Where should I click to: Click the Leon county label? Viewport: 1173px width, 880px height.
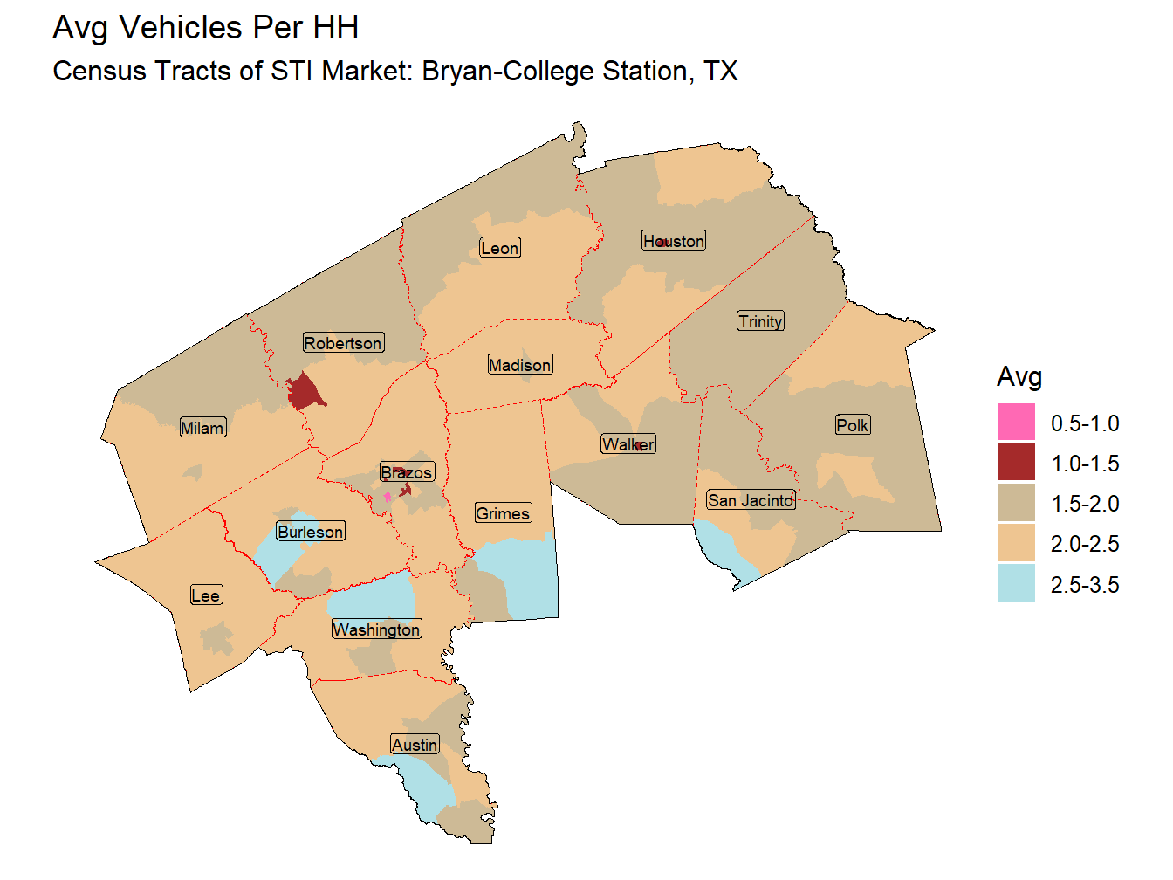point(500,248)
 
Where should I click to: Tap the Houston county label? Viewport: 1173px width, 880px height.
point(674,241)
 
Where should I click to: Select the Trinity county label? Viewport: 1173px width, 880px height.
point(761,321)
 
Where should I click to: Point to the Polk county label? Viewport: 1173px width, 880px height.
point(853,425)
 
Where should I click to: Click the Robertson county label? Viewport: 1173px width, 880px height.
point(343,343)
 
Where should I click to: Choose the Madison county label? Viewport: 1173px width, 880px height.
point(520,365)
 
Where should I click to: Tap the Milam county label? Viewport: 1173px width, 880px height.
point(202,428)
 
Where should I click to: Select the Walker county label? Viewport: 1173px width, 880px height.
point(628,444)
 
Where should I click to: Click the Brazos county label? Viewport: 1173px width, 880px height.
point(407,472)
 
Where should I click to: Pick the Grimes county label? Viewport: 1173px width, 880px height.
point(503,513)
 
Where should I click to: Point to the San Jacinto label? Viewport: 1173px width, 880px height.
point(751,500)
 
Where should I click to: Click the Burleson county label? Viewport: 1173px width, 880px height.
point(311,532)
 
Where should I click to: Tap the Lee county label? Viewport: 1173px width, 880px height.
point(206,595)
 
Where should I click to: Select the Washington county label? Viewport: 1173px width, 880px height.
point(376,629)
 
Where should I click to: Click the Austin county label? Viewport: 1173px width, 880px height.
point(415,745)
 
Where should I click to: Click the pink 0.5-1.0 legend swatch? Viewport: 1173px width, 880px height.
point(1017,423)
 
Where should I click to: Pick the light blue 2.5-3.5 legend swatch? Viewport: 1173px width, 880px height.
point(1017,584)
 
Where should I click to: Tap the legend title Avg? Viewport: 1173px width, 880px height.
point(1019,377)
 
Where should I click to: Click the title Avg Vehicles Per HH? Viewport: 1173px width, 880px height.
point(206,28)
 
